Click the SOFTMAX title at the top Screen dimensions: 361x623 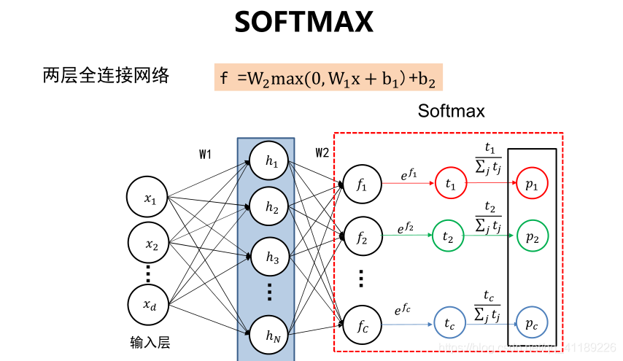(x=303, y=23)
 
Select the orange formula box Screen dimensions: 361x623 (x=328, y=76)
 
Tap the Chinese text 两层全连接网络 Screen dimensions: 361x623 (x=106, y=75)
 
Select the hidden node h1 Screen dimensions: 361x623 (x=272, y=162)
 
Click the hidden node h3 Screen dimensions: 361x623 (x=272, y=257)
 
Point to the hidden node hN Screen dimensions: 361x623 (x=272, y=336)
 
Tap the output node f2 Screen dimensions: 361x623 (x=363, y=236)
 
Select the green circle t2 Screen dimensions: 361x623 (x=448, y=236)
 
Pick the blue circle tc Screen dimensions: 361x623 (x=449, y=322)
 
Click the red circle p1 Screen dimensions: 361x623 (x=531, y=186)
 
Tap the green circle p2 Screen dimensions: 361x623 (x=531, y=236)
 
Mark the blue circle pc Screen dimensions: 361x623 (x=531, y=322)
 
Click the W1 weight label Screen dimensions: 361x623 (x=205, y=154)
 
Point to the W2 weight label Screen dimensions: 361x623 (x=322, y=152)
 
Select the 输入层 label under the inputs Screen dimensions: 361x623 (x=150, y=342)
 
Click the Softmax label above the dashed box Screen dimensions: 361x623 (x=451, y=111)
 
